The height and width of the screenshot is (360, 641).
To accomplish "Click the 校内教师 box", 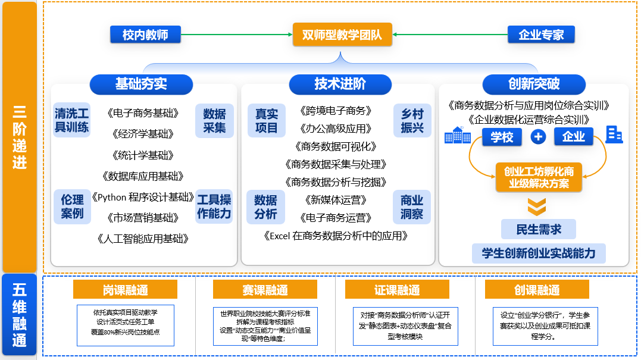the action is click(145, 35).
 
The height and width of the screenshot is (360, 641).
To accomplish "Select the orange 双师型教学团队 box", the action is click(342, 35).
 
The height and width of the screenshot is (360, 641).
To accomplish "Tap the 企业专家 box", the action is click(541, 35).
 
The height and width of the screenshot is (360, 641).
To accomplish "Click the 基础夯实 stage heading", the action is click(141, 84).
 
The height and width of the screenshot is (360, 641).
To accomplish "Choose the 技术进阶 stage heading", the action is click(340, 84).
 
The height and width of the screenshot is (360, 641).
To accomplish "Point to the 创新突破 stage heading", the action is click(534, 84).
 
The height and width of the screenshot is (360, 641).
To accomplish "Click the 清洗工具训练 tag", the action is click(71, 120).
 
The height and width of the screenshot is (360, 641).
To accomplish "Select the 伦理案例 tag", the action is click(72, 206).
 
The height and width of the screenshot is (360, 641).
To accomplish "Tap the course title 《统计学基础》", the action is click(143, 155).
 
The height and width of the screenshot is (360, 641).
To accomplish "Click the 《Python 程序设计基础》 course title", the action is click(143, 198).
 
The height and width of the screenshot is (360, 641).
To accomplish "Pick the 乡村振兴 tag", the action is click(412, 121).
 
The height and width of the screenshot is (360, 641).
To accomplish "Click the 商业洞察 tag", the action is click(412, 206).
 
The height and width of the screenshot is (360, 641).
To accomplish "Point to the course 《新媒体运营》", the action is click(336, 200).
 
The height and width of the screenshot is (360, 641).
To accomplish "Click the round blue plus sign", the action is click(538, 136).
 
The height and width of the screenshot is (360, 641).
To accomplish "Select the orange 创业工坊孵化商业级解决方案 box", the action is click(539, 177).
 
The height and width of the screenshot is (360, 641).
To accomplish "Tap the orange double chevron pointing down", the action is click(537, 206).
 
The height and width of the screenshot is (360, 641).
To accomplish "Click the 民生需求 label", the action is click(539, 229).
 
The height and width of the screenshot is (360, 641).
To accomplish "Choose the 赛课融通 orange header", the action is click(265, 290).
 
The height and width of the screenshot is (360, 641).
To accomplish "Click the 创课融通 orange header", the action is click(537, 290).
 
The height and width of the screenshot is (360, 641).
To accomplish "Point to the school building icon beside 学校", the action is click(458, 135).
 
